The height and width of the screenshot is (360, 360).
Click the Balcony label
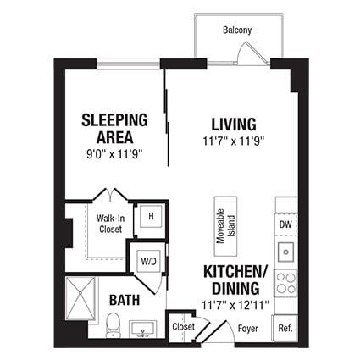(x=236, y=30)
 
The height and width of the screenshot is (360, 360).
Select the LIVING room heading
(x=235, y=125)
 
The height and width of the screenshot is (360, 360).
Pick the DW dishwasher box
(x=285, y=224)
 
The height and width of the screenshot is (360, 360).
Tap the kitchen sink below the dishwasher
(x=286, y=251)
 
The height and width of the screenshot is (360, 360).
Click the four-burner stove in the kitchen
(x=286, y=280)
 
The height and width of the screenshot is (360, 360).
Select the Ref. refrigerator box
(x=285, y=326)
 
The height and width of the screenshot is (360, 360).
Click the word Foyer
(x=247, y=327)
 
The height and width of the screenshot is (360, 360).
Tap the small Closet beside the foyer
(x=183, y=326)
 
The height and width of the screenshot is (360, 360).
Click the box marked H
(x=151, y=216)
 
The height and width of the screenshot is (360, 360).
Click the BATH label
(x=125, y=299)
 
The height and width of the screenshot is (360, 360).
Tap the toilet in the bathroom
(x=113, y=323)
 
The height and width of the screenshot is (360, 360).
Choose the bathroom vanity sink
(x=141, y=328)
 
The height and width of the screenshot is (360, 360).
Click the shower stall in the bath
(x=83, y=296)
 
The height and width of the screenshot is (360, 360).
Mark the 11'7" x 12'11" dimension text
(x=235, y=303)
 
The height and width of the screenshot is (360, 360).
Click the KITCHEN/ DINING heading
(x=235, y=280)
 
